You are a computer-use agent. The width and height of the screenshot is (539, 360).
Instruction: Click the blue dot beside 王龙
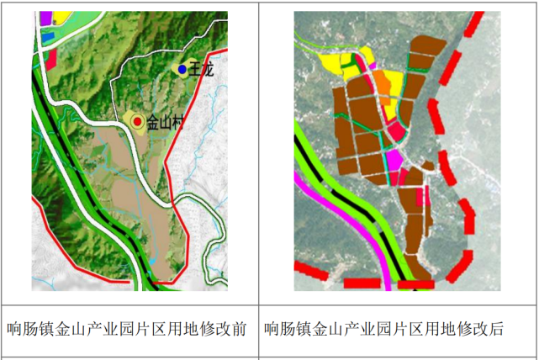click(182, 69)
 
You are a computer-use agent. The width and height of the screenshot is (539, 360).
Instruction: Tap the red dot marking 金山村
click(137, 122)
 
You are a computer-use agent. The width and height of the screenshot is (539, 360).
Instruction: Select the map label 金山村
click(165, 123)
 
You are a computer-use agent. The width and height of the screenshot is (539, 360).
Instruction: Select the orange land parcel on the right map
click(383, 82)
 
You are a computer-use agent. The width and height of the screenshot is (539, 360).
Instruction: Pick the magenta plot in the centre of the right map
click(393, 159)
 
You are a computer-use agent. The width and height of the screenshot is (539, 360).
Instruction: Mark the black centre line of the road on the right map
click(353, 205)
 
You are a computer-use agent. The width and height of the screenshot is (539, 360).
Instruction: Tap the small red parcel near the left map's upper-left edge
click(51, 57)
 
